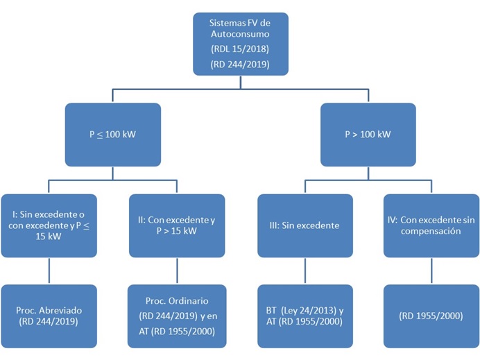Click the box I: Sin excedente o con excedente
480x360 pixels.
[x=48, y=226]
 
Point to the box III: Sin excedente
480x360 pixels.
[x=304, y=226]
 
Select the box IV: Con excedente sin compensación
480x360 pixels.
[x=431, y=226]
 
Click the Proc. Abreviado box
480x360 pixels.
[x=48, y=316]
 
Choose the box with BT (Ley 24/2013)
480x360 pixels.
[x=304, y=316]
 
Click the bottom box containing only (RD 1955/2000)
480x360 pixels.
[x=431, y=316]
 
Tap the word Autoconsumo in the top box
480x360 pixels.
[x=241, y=34]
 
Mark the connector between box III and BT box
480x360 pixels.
[x=304, y=271]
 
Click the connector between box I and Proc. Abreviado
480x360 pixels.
[x=48, y=271]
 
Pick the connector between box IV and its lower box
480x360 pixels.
[x=431, y=271]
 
